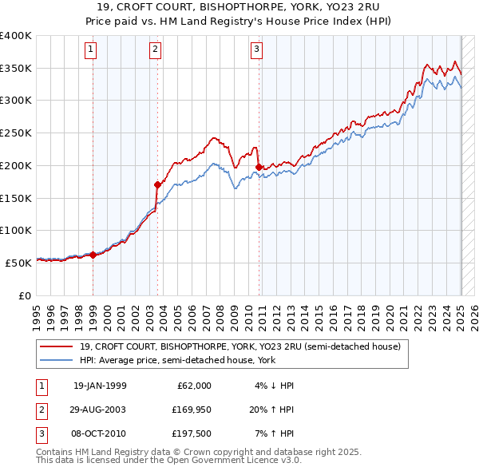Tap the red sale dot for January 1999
(x=93, y=255)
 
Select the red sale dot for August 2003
(x=157, y=185)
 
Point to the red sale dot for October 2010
(x=259, y=167)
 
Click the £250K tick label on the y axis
(x=16, y=133)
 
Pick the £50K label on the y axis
(x=18, y=263)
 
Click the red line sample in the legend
(x=57, y=346)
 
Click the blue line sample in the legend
(x=57, y=360)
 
